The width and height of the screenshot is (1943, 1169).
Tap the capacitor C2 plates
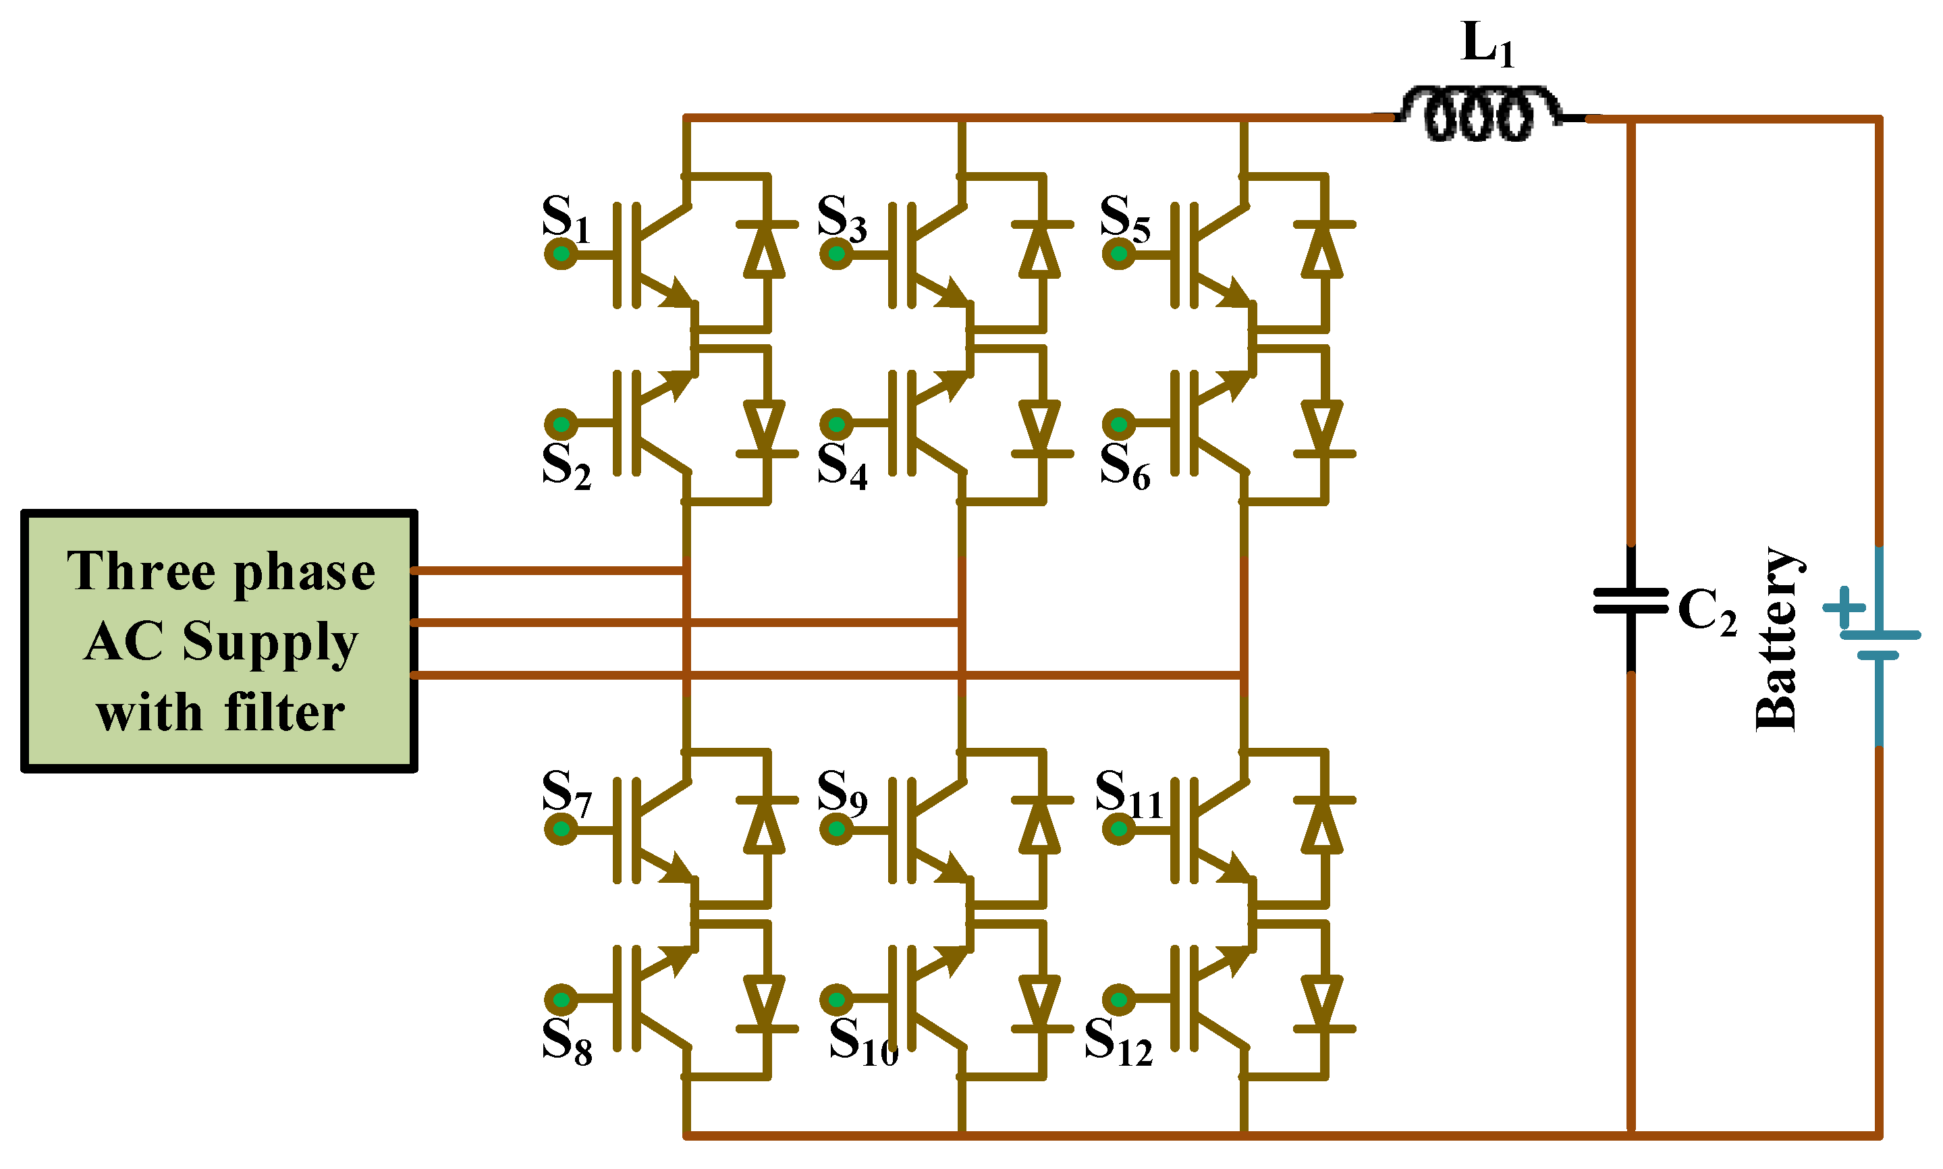point(1631,600)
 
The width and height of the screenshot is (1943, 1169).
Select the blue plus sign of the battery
point(1844,607)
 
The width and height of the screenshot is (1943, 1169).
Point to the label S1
point(565,219)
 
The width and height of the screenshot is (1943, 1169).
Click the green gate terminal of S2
point(561,425)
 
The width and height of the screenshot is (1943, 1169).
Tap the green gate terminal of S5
point(1118,254)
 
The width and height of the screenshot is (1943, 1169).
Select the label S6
point(1124,466)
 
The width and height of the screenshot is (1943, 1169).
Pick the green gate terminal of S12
point(1118,1000)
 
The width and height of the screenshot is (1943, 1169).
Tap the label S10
point(863,1041)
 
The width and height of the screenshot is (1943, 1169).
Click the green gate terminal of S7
point(561,829)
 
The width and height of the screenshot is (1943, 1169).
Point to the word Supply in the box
point(269,642)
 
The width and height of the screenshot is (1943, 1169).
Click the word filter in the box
point(284,713)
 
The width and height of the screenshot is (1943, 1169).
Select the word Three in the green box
point(140,571)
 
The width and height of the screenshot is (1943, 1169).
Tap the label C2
point(1707,611)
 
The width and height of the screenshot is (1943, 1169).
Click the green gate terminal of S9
point(836,829)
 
